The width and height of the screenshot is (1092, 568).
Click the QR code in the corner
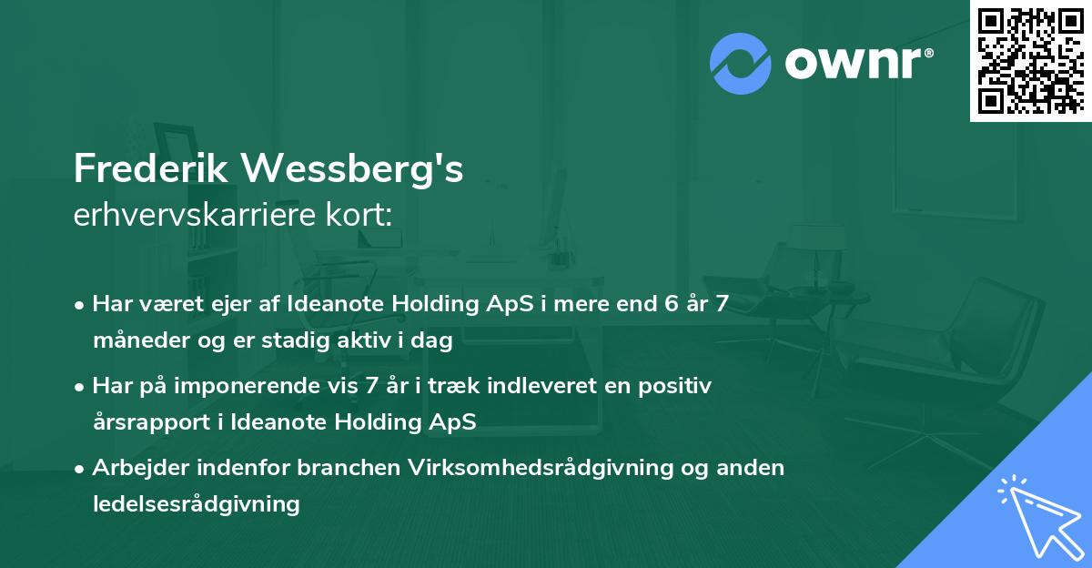pyautogui.click(x=1030, y=61)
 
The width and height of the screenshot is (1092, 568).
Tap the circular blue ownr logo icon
pyautogui.click(x=741, y=64)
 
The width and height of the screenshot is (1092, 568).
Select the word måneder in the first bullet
pyautogui.click(x=135, y=342)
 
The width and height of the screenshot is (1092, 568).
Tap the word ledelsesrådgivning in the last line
pyautogui.click(x=196, y=504)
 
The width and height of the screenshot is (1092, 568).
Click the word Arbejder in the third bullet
pyautogui.click(x=136, y=468)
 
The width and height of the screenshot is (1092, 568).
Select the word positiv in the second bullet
pyautogui.click(x=677, y=386)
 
